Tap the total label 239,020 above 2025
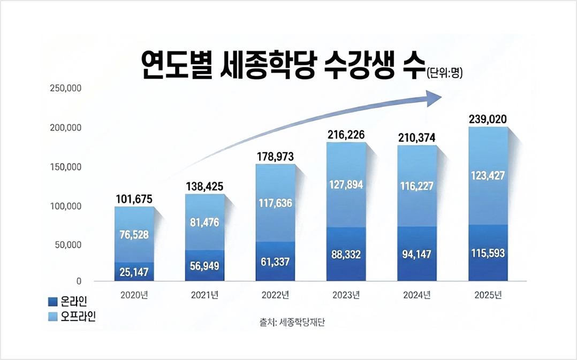[x=487, y=119]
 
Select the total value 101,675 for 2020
[x=134, y=200]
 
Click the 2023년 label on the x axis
[x=346, y=295]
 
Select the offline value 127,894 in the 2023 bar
[x=346, y=185]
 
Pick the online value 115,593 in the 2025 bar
[x=487, y=253]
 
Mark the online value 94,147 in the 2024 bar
[x=416, y=254]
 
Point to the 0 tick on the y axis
[x=78, y=281]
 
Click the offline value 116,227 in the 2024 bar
[x=416, y=186]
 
